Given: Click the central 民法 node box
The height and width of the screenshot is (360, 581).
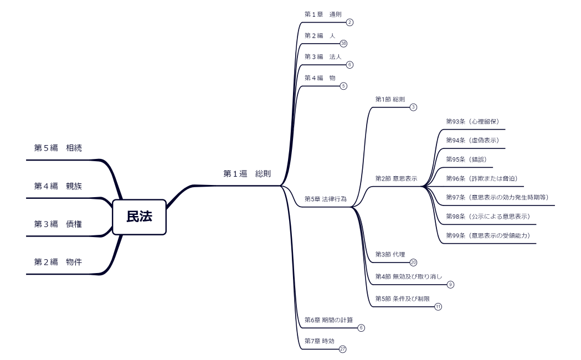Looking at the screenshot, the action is (x=139, y=217).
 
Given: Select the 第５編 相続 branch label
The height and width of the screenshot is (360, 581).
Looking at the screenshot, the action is (x=58, y=148).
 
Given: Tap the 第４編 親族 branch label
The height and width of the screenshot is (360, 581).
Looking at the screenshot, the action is (x=58, y=186).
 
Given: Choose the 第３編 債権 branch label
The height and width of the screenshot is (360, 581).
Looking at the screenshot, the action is (x=58, y=224).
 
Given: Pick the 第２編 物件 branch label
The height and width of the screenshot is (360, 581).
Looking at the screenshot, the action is (x=58, y=262).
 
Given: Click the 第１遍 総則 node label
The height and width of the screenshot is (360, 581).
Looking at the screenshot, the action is (x=247, y=174).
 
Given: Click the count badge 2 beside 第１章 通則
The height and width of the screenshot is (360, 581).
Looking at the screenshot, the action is (x=349, y=23).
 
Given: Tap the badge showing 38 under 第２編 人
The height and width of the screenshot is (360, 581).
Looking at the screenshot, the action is (x=343, y=44).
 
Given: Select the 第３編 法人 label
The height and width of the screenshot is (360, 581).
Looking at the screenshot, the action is (x=323, y=56).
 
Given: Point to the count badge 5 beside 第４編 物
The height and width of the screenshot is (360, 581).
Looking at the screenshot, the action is (x=343, y=86).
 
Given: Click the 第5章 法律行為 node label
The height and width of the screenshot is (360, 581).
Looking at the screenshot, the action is (x=326, y=199).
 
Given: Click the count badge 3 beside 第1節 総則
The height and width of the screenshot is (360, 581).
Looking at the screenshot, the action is (x=413, y=107).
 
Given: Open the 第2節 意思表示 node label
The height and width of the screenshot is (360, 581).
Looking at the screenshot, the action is (x=396, y=179).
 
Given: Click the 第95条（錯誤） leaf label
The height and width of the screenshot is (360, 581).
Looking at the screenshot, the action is (x=466, y=160).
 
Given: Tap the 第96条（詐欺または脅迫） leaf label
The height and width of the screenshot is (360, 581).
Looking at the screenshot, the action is (x=481, y=178).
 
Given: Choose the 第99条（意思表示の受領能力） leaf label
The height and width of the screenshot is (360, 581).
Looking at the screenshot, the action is (x=487, y=235).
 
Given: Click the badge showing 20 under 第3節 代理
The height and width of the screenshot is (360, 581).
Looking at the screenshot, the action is (x=413, y=263).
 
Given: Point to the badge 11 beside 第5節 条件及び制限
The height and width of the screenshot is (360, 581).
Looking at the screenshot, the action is (x=438, y=307).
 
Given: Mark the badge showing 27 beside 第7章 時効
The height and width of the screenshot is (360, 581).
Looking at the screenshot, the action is (x=343, y=349).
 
